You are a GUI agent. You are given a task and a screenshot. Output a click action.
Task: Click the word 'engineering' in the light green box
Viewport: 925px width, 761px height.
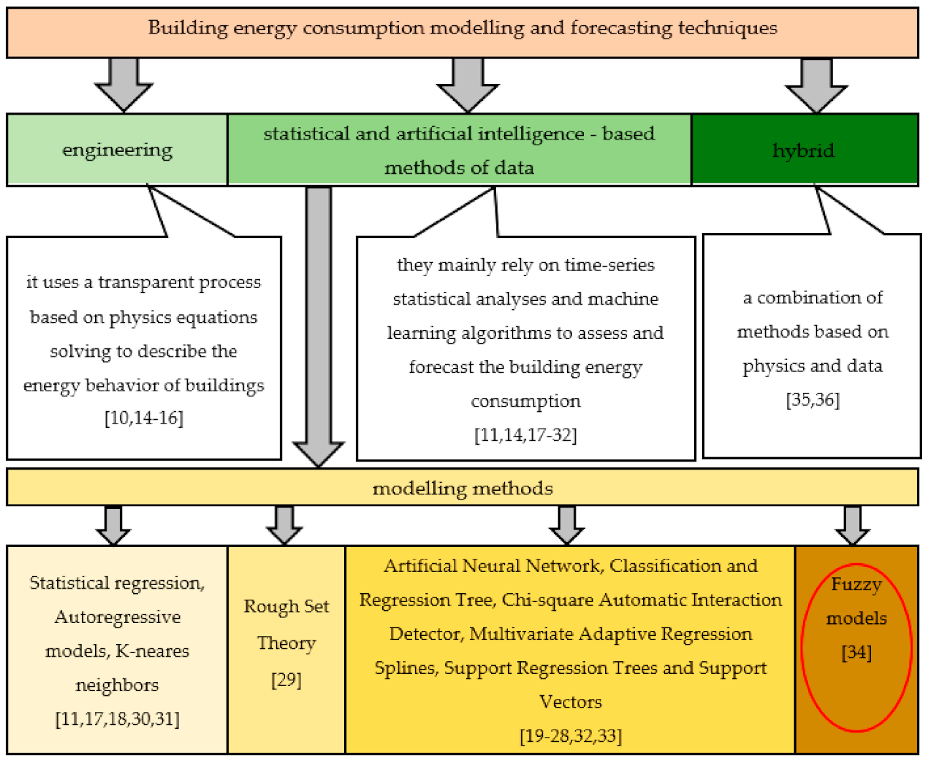(117, 150)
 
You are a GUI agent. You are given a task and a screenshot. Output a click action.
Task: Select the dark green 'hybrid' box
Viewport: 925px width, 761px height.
(804, 150)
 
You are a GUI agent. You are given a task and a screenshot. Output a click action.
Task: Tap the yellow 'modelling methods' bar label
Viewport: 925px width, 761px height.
(462, 488)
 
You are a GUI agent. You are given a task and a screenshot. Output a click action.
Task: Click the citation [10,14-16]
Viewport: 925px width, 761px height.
(144, 418)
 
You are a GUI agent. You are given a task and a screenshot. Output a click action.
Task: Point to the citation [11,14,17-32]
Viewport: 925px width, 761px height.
(525, 435)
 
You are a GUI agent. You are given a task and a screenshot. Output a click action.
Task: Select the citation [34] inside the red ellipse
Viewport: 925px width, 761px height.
(856, 652)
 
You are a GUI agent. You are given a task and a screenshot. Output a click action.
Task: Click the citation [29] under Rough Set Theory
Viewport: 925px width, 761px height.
(286, 680)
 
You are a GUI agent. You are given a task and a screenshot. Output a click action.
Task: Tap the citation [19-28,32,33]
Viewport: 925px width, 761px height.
(571, 735)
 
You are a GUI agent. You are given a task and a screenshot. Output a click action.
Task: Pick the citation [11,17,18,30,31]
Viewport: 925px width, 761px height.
(117, 719)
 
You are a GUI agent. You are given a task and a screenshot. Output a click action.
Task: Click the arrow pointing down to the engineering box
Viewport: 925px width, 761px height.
(124, 84)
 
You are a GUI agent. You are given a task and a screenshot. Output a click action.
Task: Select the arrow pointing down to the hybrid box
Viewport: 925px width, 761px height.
(816, 84)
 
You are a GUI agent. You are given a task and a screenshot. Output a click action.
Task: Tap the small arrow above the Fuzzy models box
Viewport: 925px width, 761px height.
(852, 524)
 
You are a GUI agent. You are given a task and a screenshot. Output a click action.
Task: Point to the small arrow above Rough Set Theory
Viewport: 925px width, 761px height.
(284, 524)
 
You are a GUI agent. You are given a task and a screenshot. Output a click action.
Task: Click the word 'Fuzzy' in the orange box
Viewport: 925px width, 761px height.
(856, 584)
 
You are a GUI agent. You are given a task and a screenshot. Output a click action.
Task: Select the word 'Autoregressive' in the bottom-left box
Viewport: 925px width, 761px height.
(117, 617)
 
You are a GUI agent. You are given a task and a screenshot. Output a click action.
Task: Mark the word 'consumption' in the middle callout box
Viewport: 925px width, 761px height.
(525, 401)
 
